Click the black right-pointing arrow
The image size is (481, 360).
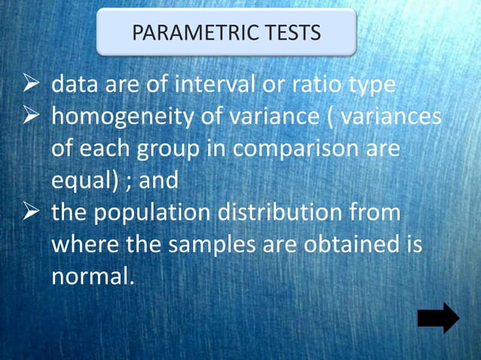pyautogui.click(x=438, y=318)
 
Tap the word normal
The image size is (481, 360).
pyautogui.click(x=91, y=276)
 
